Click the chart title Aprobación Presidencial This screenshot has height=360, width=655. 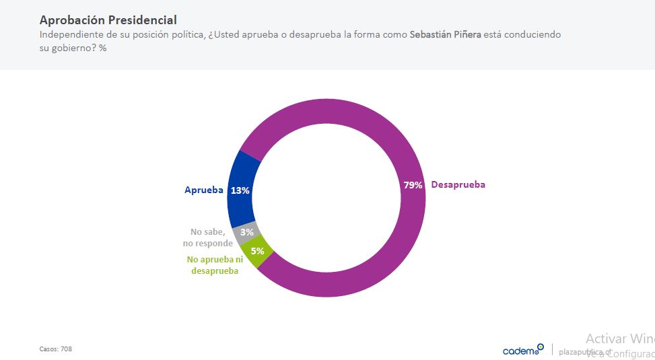(x=108, y=20)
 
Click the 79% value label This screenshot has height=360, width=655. (x=413, y=185)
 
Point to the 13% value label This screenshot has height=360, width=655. (x=240, y=190)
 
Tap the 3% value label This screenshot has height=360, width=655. (x=246, y=232)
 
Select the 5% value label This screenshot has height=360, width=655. (x=257, y=251)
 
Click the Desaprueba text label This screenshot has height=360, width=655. (x=458, y=185)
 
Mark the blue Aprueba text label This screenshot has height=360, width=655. (x=203, y=190)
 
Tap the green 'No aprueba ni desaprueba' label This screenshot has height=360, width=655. (x=215, y=265)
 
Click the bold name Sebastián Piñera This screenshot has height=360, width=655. (x=444, y=34)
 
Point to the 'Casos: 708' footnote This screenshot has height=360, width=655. (x=56, y=349)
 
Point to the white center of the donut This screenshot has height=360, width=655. (x=326, y=199)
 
